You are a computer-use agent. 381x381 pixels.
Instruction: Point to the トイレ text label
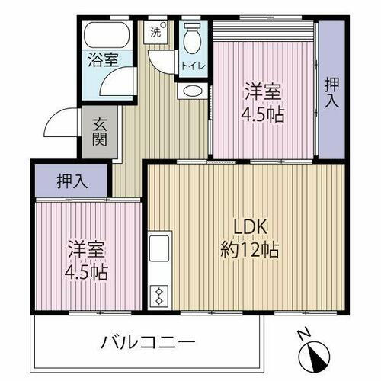(192, 66)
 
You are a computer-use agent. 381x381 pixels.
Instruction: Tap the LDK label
(248, 227)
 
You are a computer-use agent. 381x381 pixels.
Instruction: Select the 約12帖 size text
(248, 249)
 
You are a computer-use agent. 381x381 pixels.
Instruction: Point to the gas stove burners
(160, 293)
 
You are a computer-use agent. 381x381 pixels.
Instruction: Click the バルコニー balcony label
(149, 341)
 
